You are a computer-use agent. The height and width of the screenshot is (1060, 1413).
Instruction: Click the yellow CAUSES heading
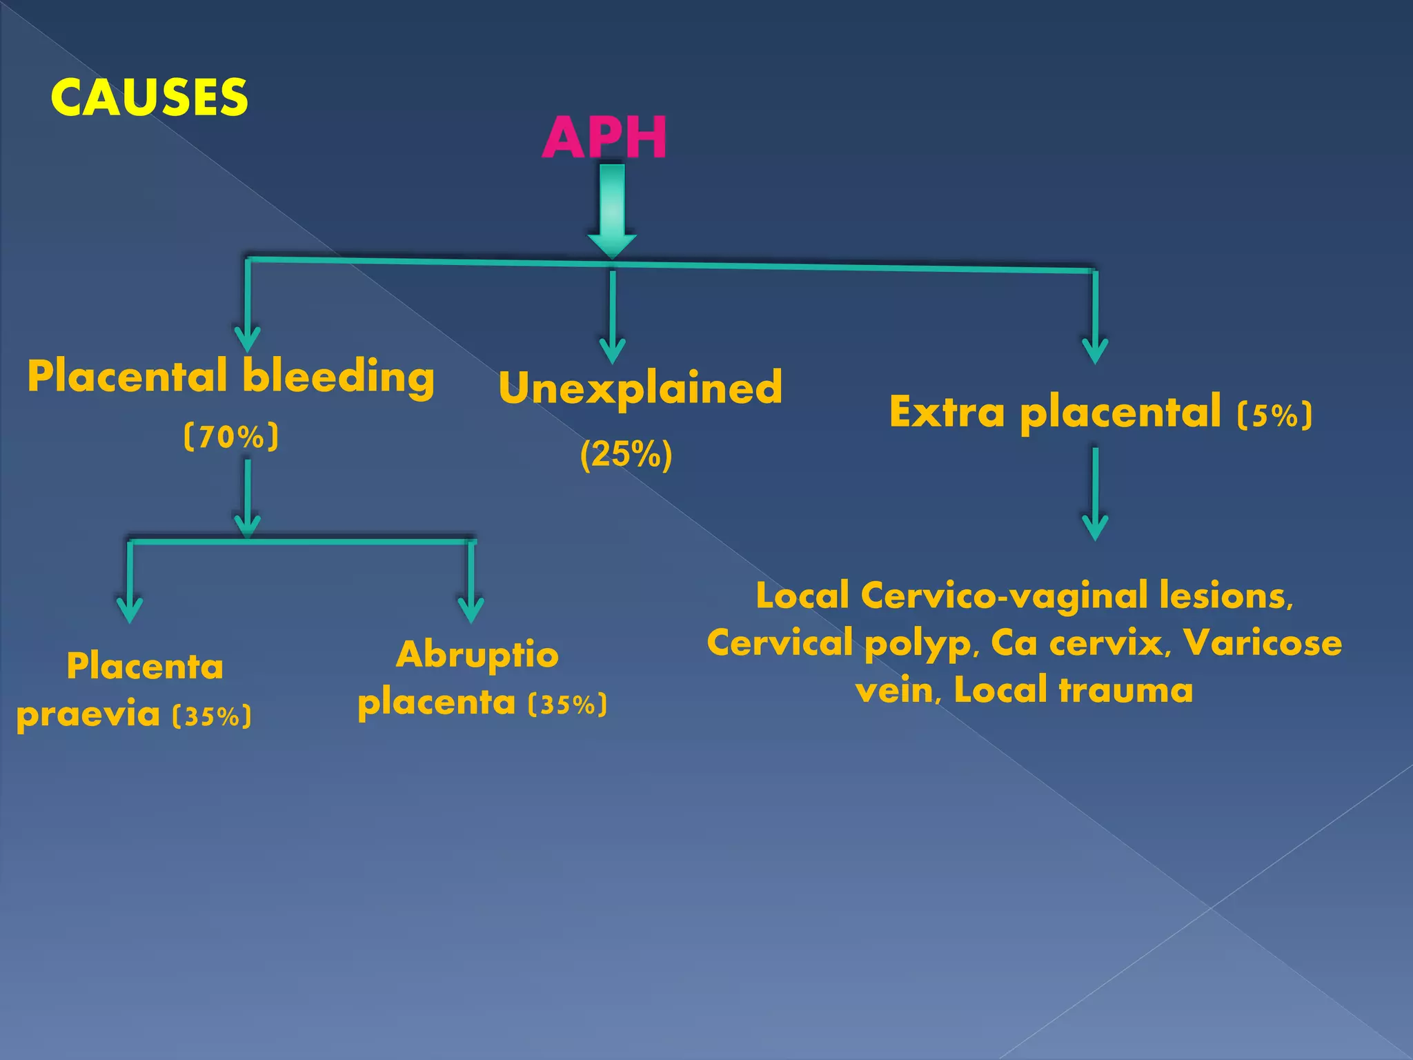(149, 97)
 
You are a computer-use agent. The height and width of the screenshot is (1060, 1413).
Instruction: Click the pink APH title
(604, 137)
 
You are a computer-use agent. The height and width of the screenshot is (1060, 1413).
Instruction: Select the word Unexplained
(640, 388)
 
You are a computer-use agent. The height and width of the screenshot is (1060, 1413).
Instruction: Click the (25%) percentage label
(626, 455)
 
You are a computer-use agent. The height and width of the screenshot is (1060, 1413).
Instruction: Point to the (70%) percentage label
(231, 437)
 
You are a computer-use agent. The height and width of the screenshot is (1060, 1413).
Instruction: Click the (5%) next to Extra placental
(1274, 415)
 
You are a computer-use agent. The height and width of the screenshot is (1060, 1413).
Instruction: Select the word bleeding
(338, 377)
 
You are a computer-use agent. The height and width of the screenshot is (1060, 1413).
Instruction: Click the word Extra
(947, 413)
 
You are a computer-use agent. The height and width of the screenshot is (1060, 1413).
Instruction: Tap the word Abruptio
(477, 655)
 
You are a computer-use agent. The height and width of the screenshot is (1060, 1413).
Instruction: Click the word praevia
(88, 715)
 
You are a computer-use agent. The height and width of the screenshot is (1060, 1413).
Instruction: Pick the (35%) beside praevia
(212, 716)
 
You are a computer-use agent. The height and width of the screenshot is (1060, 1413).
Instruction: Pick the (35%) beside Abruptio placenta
(567, 705)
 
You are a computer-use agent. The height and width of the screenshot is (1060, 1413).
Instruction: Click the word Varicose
(1263, 643)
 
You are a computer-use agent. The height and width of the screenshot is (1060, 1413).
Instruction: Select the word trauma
(1125, 690)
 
